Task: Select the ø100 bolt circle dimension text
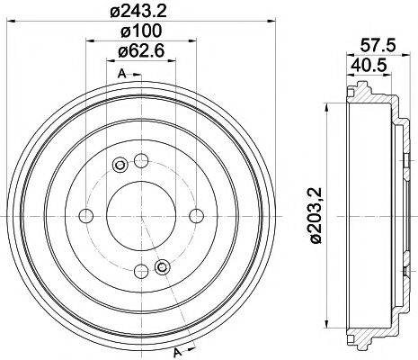pyautogui.click(x=139, y=32)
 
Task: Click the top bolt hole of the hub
pyautogui.click(x=140, y=161)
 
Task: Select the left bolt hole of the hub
pyautogui.click(x=86, y=215)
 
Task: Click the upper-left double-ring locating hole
pyautogui.click(x=120, y=165)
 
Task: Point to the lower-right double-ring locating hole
pyautogui.click(x=162, y=266)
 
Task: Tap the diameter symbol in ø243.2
pyautogui.click(x=111, y=11)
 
